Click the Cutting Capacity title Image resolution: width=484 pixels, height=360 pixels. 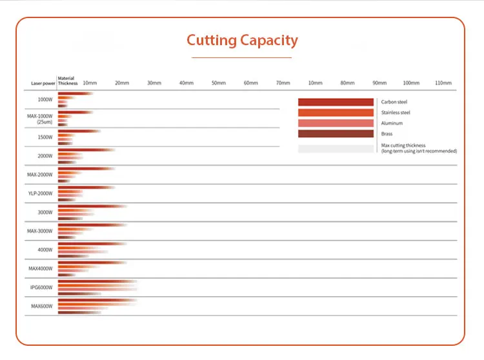pyautogui.click(x=242, y=40)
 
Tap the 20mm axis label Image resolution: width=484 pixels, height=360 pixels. pyautogui.click(x=122, y=83)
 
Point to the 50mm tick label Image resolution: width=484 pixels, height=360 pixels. pyautogui.click(x=219, y=83)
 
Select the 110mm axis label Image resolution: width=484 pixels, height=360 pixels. pyautogui.click(x=443, y=83)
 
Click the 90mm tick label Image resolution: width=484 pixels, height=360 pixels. pyautogui.click(x=379, y=83)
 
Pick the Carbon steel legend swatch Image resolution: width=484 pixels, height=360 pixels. pyautogui.click(x=336, y=102)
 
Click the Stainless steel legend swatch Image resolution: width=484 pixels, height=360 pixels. pyautogui.click(x=336, y=113)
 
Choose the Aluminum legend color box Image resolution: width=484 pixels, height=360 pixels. pyautogui.click(x=336, y=123)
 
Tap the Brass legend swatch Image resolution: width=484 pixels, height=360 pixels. pyautogui.click(x=336, y=134)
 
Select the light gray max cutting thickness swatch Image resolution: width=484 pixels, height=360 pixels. pyautogui.click(x=336, y=148)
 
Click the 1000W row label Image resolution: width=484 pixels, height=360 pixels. pyautogui.click(x=45, y=100)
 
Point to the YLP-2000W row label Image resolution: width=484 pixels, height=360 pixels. pyautogui.click(x=41, y=194)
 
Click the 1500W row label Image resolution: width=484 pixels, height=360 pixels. pyautogui.click(x=45, y=137)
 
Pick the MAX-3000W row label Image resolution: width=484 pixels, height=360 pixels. pyautogui.click(x=40, y=231)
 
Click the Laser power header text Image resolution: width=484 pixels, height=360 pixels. pyautogui.click(x=42, y=84)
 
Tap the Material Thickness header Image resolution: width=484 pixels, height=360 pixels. pyautogui.click(x=67, y=81)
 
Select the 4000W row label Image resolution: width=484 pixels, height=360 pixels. pyautogui.click(x=45, y=250)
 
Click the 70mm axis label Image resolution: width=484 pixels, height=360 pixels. pyautogui.click(x=283, y=83)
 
